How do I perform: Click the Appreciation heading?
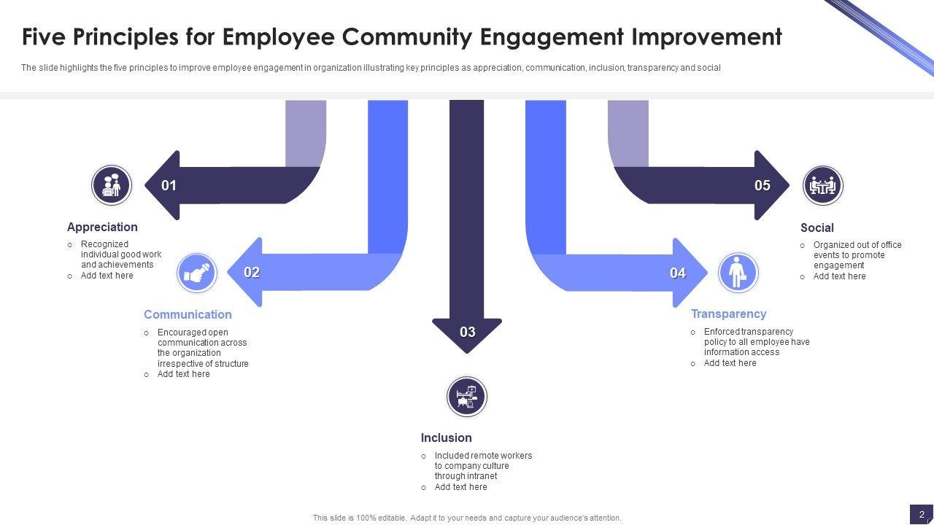click(102, 227)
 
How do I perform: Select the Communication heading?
click(188, 315)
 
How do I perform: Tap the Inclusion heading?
click(446, 438)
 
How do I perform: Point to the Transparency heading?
click(728, 314)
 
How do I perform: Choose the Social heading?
click(817, 228)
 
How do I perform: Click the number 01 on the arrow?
click(169, 186)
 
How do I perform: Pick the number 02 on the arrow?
click(252, 273)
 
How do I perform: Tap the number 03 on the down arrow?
click(468, 332)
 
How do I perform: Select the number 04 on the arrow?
click(678, 273)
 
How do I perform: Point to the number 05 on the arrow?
click(763, 186)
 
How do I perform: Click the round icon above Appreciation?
click(112, 185)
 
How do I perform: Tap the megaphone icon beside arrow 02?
click(197, 273)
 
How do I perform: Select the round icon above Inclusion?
click(467, 397)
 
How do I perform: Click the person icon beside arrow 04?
click(738, 273)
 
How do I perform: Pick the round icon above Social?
click(822, 186)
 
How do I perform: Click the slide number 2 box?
click(922, 514)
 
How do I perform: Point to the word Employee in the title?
click(276, 36)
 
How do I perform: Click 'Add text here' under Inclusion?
click(460, 487)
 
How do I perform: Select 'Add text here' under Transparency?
click(730, 363)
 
